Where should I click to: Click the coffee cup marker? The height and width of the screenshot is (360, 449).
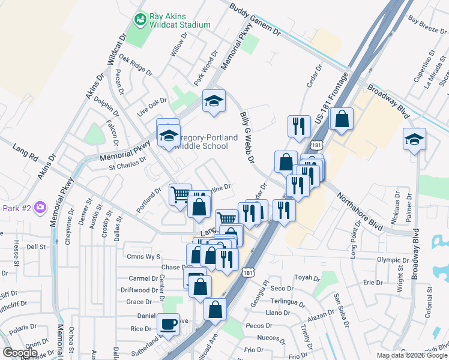coord(168,324)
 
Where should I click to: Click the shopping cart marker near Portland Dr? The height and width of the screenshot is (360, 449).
coord(180,194)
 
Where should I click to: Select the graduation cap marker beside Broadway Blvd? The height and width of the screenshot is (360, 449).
coord(414,139)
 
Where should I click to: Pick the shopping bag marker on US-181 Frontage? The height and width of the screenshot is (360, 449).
coord(342,119)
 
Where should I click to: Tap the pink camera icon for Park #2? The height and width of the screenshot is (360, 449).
coord(40,208)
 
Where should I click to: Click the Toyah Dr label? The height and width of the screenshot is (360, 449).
coord(307,278)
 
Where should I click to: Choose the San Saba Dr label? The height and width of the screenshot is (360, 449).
coord(341,310)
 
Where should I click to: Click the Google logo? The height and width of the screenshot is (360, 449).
coord(20,353)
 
